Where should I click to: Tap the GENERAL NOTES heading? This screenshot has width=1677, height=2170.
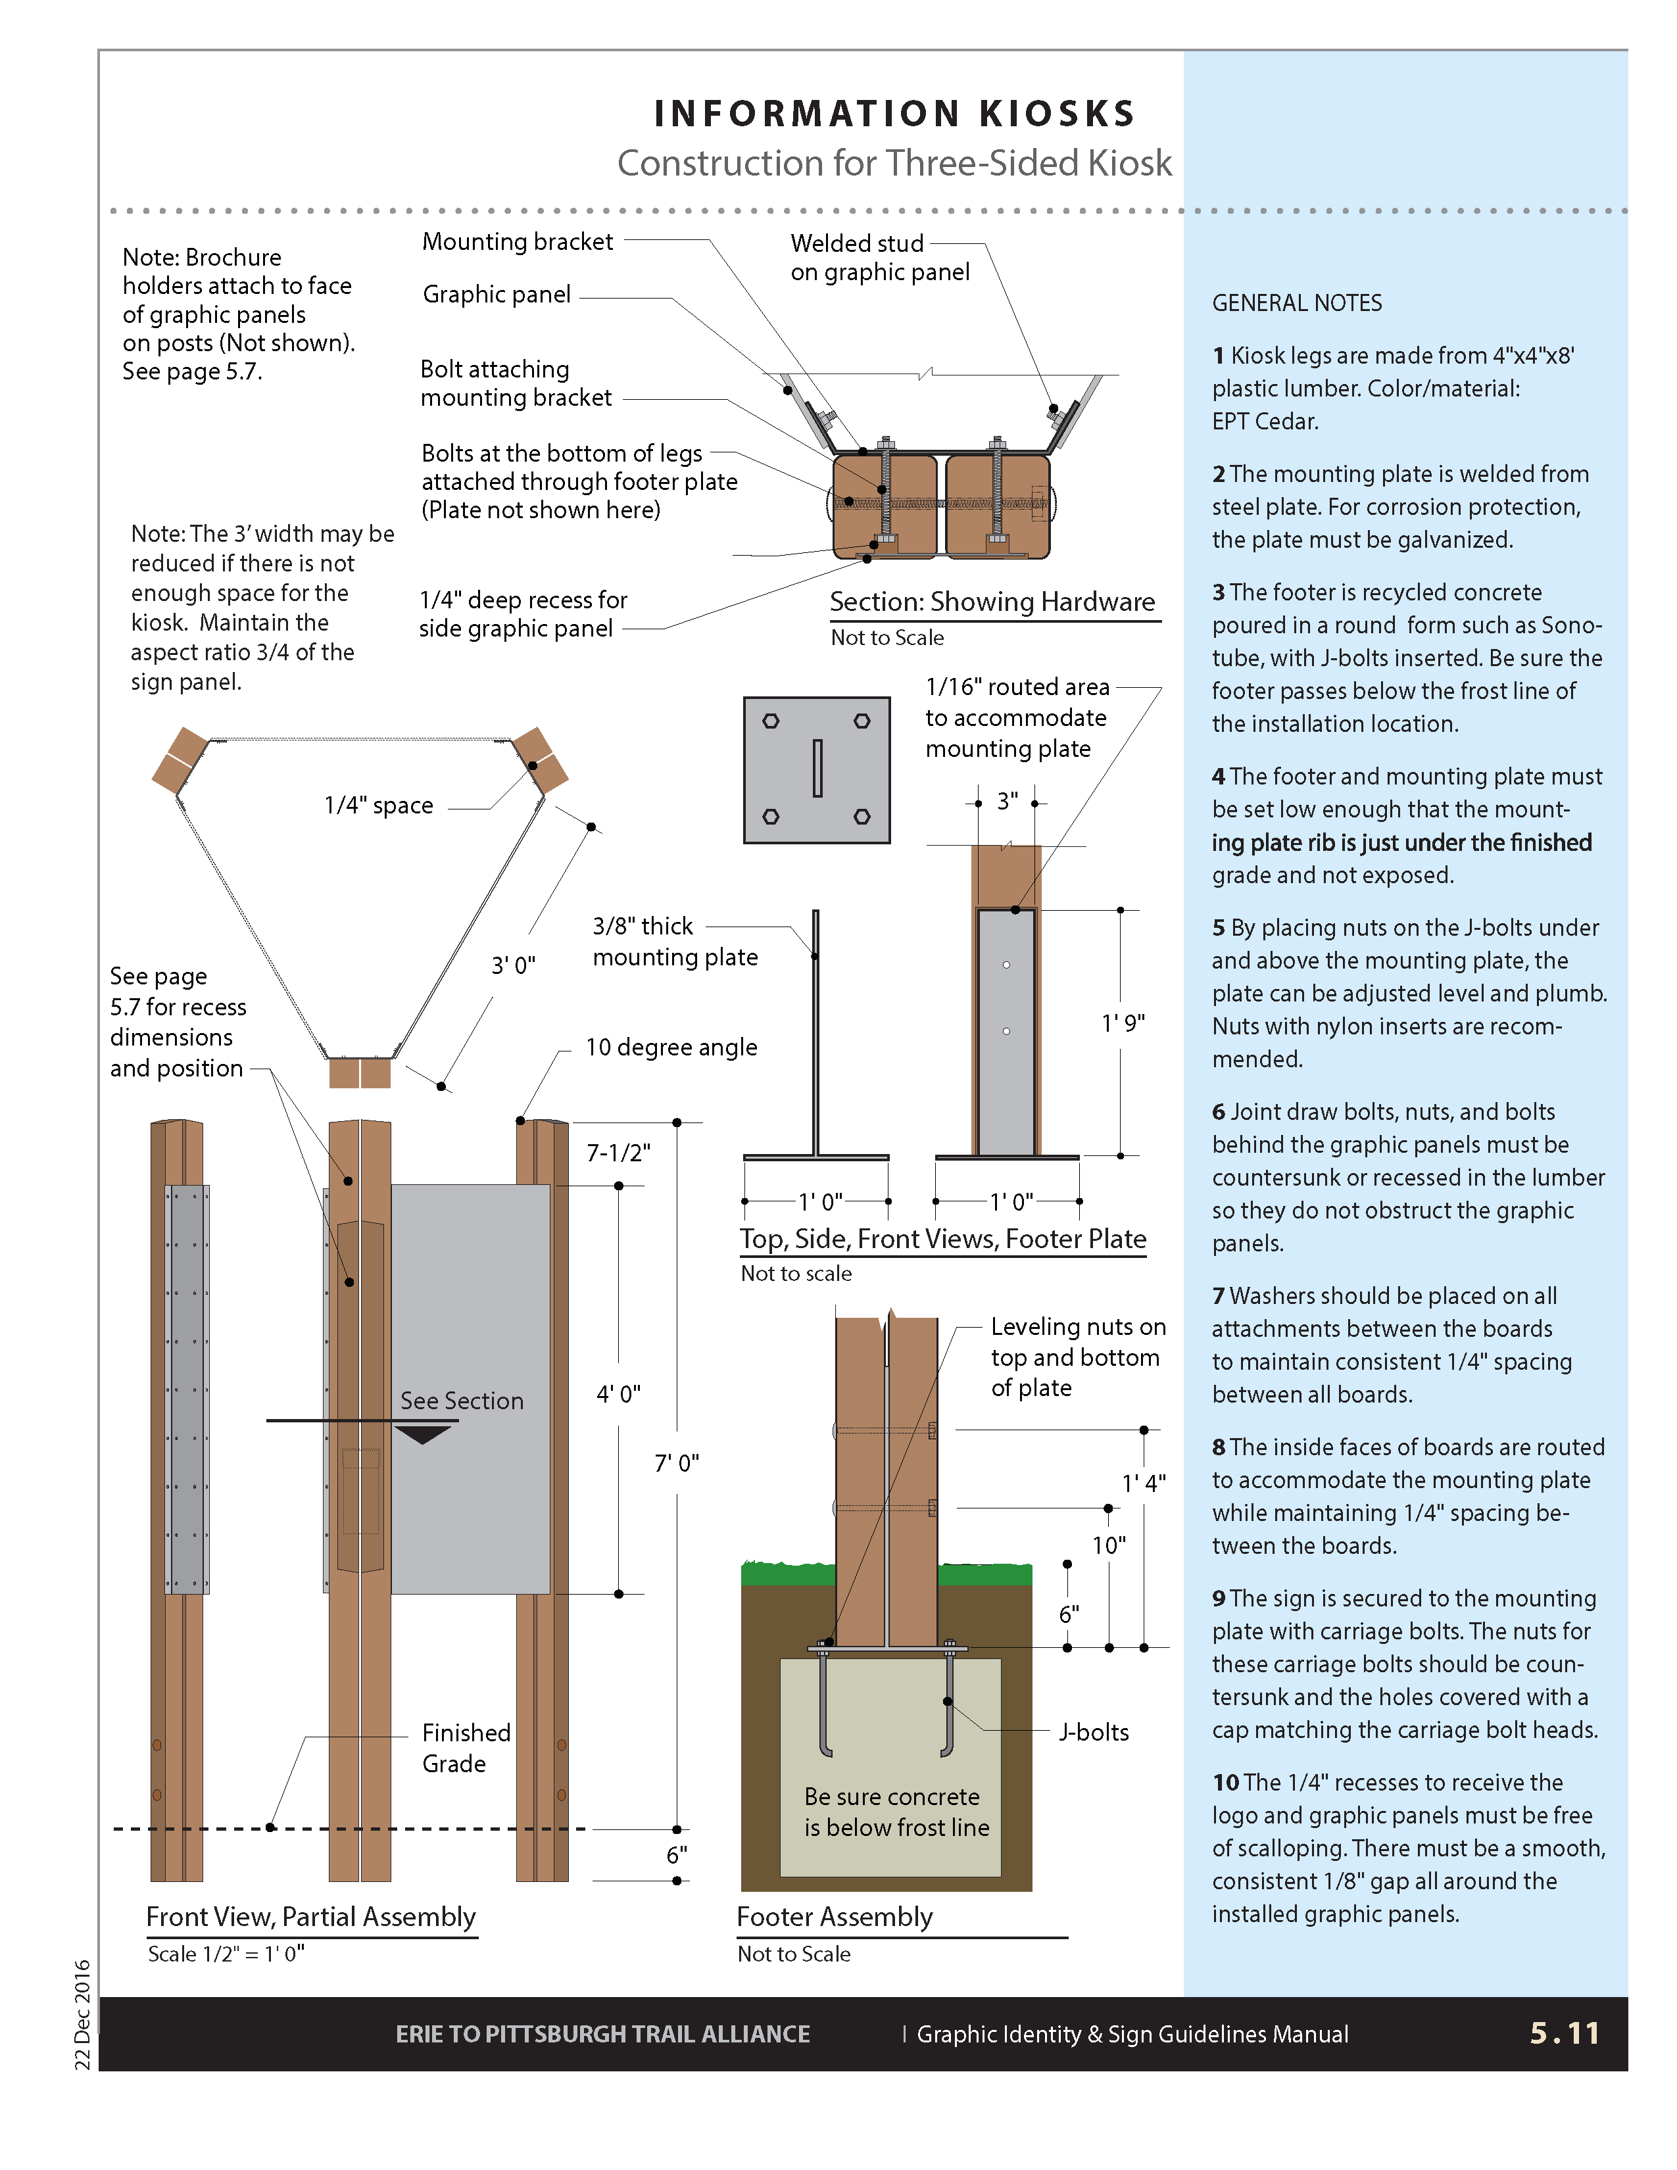point(1296,303)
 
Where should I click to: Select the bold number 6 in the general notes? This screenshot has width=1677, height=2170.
point(1219,1112)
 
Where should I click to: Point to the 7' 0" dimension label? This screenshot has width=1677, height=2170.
point(677,1462)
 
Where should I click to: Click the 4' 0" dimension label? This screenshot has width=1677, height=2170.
point(618,1394)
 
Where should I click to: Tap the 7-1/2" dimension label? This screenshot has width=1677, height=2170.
point(618,1153)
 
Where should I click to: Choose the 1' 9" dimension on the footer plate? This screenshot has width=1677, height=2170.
point(1123,1023)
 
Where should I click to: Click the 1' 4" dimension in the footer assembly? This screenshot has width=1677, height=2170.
point(1144,1483)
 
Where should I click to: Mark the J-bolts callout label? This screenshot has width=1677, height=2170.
point(1094,1732)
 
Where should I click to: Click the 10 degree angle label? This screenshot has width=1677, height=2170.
point(671,1048)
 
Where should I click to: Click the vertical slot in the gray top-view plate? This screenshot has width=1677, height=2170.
point(817,768)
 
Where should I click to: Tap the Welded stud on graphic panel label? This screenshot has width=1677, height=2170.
point(879,257)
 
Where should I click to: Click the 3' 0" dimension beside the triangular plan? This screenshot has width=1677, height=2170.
point(514,965)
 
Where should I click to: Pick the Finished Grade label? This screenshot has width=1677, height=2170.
point(465,1748)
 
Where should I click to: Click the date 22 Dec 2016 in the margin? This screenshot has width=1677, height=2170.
point(82,2014)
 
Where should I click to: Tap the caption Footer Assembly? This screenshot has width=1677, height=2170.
point(835,1917)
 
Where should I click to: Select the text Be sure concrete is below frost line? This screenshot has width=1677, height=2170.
point(896,1812)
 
